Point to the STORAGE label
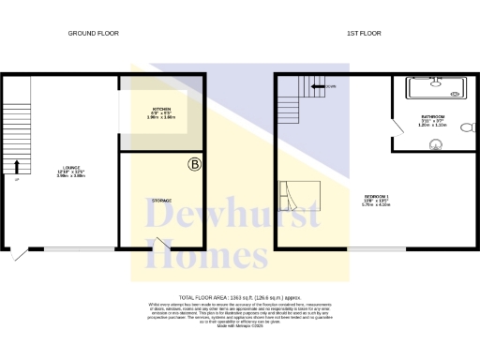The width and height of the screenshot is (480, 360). coord(161,201)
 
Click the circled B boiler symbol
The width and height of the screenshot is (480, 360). coord(194,165)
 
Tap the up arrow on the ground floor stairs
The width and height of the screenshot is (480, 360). coord(15,168)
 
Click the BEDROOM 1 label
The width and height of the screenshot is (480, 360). coord(376,200)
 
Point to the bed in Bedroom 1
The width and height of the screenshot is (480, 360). coord(299,197)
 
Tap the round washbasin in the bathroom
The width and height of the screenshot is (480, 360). coord(434,144)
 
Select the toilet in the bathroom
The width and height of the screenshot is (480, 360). coord(465,143)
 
